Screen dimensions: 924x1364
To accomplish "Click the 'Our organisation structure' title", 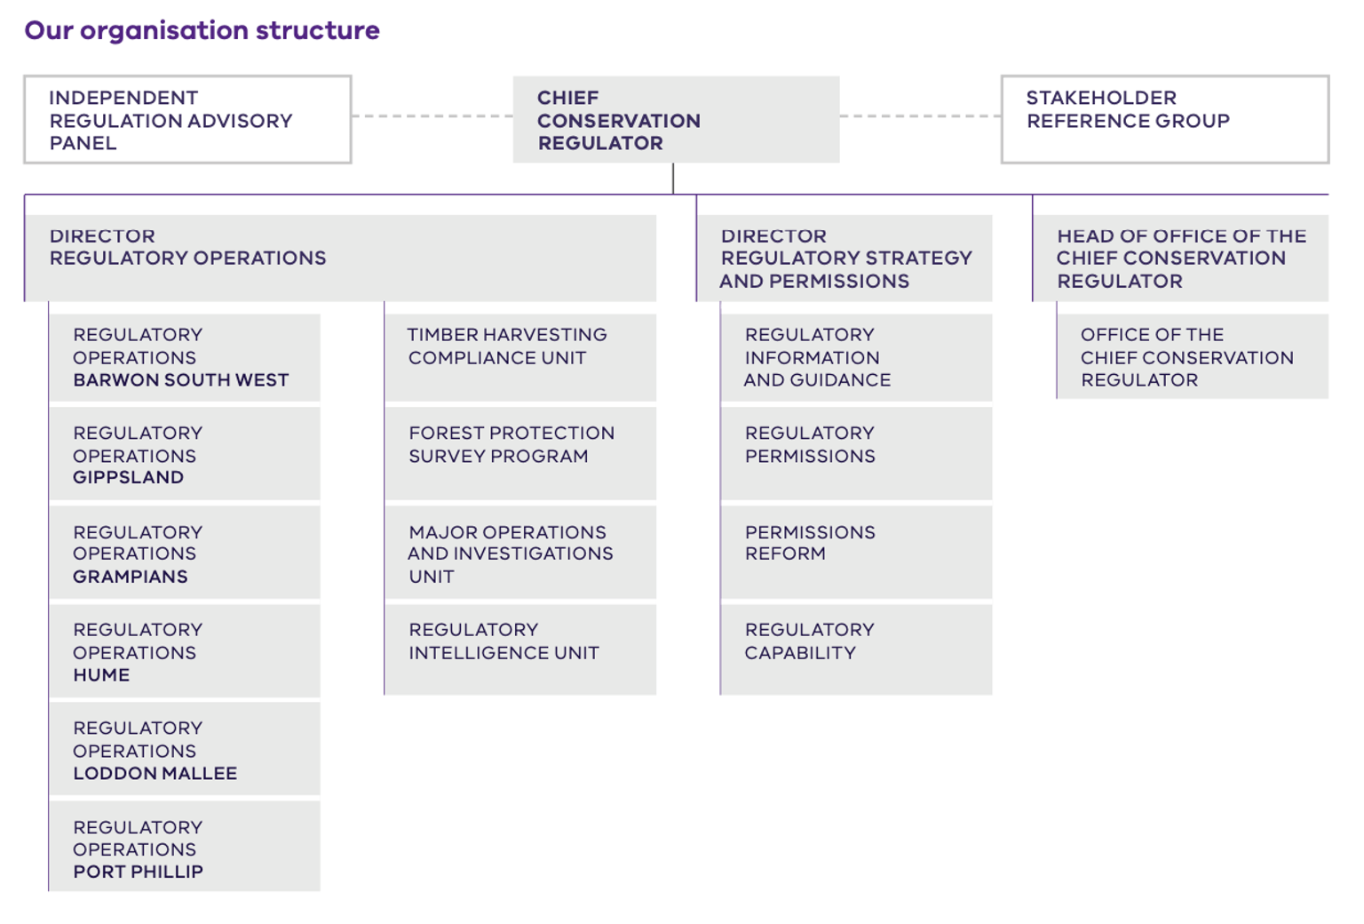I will tap(202, 30).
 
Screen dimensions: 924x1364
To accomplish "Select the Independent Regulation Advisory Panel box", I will tap(187, 120).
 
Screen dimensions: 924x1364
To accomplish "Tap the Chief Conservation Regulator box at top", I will tap(675, 120).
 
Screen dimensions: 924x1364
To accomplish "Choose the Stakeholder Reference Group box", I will tap(1164, 120).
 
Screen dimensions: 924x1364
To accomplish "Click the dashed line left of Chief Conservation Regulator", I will tap(432, 115).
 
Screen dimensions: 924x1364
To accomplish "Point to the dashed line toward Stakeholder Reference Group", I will tap(920, 115).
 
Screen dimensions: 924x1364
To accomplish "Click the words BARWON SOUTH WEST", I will tap(181, 380).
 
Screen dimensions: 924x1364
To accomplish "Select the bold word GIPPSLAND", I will tap(129, 478).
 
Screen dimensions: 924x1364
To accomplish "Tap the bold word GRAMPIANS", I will tap(131, 577).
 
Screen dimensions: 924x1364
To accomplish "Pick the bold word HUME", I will tap(101, 675).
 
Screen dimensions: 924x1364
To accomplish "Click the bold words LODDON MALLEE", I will tap(155, 774).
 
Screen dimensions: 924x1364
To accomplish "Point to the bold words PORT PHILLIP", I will tap(139, 872).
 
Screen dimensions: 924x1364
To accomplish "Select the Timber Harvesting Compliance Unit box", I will tap(520, 357).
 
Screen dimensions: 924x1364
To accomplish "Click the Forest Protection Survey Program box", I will tap(520, 454).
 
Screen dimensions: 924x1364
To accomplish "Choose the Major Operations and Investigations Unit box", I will tap(520, 554).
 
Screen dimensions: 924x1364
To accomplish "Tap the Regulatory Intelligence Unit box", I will tap(520, 649).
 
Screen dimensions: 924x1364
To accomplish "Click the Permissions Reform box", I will tap(856, 552).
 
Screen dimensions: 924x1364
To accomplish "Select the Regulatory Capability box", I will tap(856, 649).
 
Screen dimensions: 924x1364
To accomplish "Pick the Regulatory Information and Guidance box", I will tap(856, 357).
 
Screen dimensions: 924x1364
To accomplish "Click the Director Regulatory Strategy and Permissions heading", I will tap(845, 259).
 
